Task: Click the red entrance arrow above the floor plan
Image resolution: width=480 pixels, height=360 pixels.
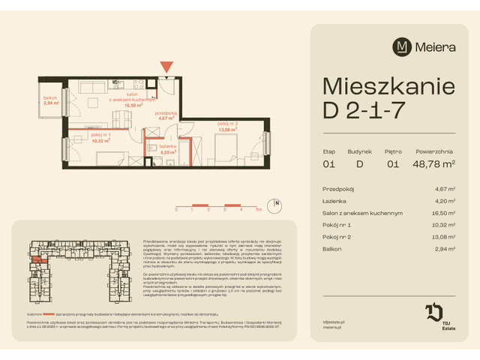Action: tap(166, 68)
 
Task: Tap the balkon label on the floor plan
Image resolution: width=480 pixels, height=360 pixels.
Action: tap(50, 103)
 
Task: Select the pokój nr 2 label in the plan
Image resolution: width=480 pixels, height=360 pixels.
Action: tap(228, 125)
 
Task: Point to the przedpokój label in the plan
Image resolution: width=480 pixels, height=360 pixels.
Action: tap(166, 115)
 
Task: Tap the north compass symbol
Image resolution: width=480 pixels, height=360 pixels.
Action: tap(277, 202)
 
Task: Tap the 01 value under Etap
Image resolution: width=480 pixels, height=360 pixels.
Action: tap(328, 163)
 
